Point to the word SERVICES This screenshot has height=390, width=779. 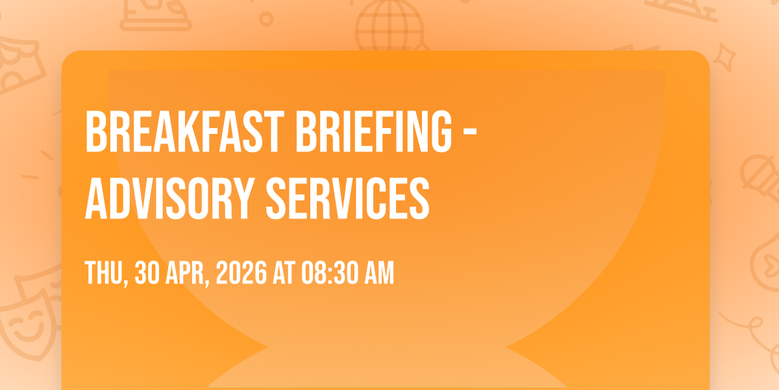[348, 199]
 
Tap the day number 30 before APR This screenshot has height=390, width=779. [147, 272]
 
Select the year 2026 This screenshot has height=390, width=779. [241, 272]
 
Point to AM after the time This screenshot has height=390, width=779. [379, 272]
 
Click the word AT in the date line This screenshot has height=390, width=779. [284, 272]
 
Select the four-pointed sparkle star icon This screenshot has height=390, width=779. [724, 57]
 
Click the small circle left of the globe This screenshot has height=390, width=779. [266, 19]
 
